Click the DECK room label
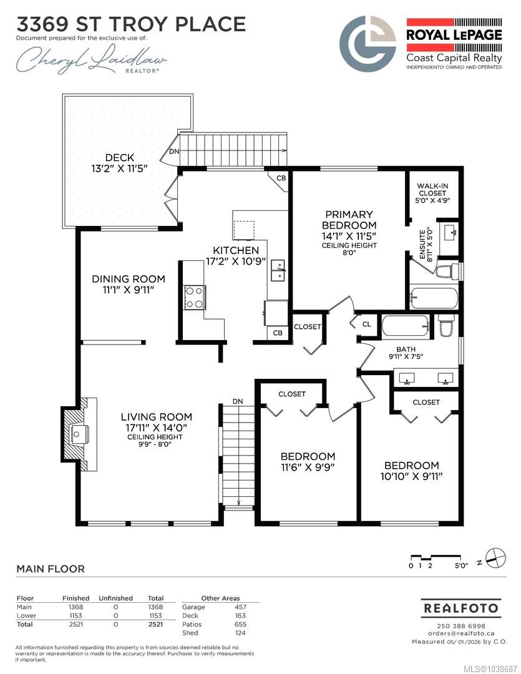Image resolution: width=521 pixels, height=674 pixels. click(120, 158)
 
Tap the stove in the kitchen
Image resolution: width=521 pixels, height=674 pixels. click(194, 298)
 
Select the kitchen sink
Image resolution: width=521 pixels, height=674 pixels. click(278, 271)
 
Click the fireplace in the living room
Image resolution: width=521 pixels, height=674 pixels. click(79, 434)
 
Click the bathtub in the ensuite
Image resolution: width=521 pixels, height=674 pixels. click(434, 298)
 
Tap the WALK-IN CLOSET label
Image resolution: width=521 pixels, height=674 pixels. click(432, 190)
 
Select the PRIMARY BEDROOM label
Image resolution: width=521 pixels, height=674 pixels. click(349, 220)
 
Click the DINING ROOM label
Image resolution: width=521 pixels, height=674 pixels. click(129, 279)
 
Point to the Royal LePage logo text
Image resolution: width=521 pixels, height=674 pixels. click(454, 35)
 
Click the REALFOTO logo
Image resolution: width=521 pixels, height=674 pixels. click(461, 608)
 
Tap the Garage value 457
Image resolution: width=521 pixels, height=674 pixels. click(240, 607)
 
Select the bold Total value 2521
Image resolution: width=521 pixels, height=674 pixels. click(155, 624)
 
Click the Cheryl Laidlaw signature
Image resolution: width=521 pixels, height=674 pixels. click(91, 59)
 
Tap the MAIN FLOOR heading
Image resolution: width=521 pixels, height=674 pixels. click(51, 569)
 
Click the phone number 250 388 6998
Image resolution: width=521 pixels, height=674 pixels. click(461, 627)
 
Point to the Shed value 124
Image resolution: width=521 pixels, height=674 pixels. click(240, 633)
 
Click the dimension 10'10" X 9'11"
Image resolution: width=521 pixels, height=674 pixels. click(411, 476)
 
